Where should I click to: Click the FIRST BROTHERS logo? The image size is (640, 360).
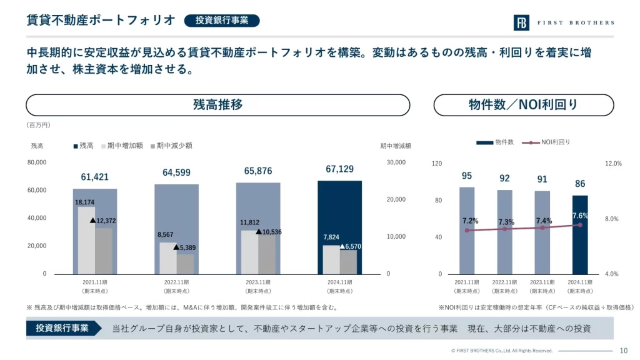click(x=563, y=23)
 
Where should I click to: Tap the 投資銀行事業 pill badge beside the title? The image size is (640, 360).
click(x=222, y=20)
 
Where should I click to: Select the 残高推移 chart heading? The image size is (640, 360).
click(x=217, y=105)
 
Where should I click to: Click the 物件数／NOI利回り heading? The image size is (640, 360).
click(x=523, y=105)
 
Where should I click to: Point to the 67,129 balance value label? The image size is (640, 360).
click(x=339, y=169)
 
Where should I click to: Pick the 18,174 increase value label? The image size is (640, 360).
click(x=85, y=202)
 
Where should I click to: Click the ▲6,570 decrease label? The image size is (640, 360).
click(x=350, y=247)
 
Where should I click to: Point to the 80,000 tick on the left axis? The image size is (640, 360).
click(x=37, y=162)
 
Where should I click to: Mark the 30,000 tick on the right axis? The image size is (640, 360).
click(x=396, y=162)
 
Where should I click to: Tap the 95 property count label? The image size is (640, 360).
click(x=467, y=176)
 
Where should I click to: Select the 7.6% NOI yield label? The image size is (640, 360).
click(x=581, y=216)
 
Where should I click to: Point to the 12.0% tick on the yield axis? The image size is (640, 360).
click(x=614, y=164)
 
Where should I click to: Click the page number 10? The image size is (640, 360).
click(x=624, y=351)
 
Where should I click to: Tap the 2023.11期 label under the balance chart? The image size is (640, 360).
click(x=258, y=282)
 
